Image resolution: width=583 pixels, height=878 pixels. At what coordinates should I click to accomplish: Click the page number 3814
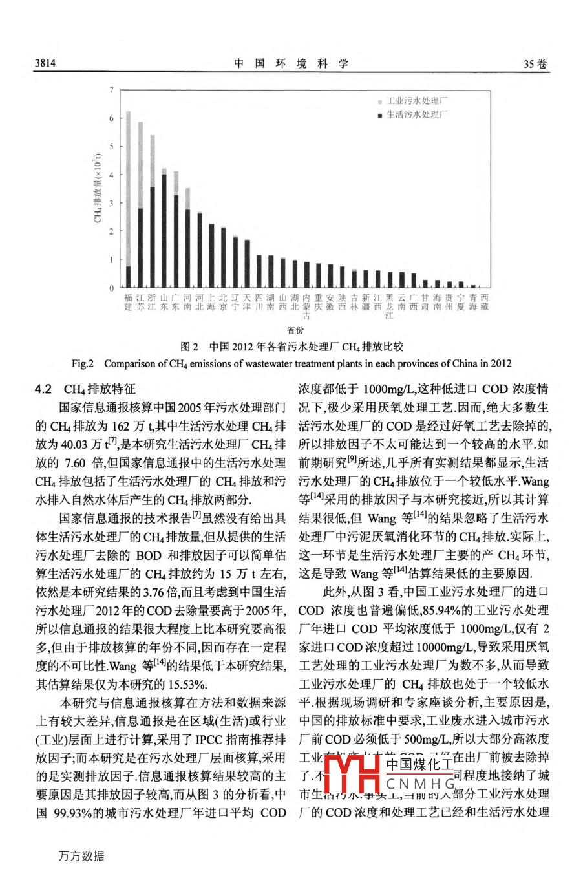[x=45, y=63]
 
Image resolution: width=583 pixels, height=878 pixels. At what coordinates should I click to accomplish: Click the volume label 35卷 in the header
[x=535, y=63]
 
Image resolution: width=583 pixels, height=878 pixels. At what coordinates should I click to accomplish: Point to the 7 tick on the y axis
[x=111, y=90]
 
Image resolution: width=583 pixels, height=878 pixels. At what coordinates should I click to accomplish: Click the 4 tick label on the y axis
[x=111, y=175]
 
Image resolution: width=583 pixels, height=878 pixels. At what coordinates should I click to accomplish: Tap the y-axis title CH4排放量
[x=98, y=188]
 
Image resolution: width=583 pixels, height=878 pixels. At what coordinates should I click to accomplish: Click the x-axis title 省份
[x=295, y=330]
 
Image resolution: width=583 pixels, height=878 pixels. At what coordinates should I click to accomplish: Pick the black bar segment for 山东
[x=164, y=230]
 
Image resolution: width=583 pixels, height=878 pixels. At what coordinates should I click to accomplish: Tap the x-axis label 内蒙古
[x=306, y=306]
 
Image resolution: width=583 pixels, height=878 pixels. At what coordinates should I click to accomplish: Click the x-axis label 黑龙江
[x=389, y=306]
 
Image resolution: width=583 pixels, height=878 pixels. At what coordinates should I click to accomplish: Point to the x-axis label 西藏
[x=485, y=303]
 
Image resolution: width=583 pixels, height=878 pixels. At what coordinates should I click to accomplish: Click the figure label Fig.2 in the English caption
[x=83, y=363]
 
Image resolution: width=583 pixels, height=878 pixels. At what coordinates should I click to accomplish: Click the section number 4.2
[x=43, y=389]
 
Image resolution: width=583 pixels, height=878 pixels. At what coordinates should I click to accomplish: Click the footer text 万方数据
[x=81, y=856]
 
